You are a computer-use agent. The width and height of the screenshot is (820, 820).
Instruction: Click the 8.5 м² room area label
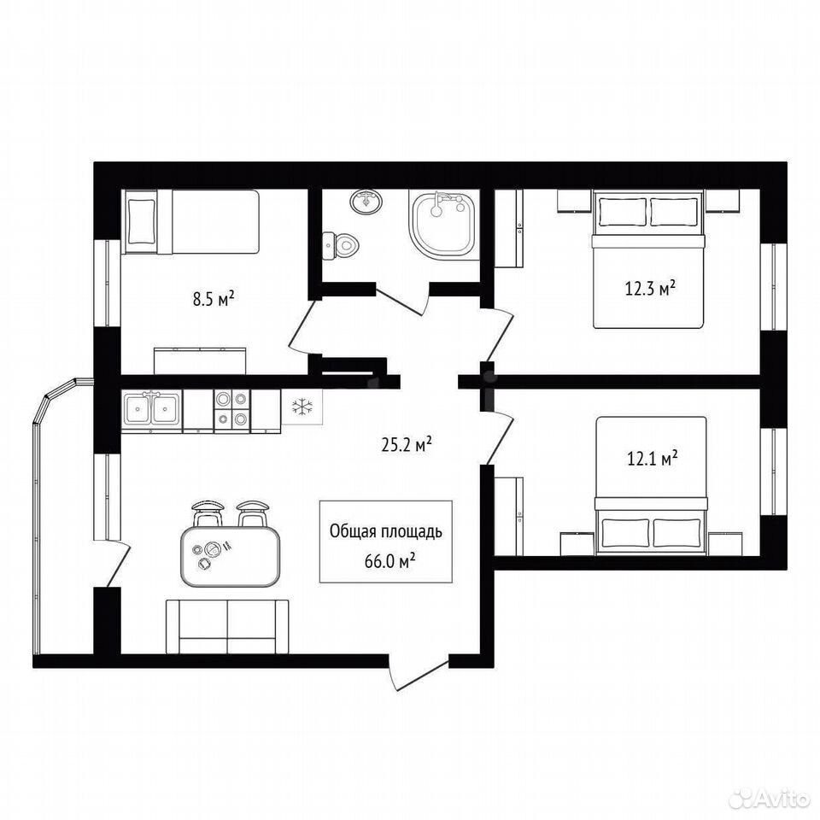pos(213,300)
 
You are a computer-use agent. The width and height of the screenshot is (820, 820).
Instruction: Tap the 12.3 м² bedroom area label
pos(650,288)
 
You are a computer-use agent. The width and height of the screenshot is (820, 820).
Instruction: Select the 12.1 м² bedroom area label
pos(652,459)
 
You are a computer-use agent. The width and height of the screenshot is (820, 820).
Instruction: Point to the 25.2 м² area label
pos(407,445)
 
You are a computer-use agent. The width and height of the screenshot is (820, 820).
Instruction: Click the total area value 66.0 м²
pos(390,562)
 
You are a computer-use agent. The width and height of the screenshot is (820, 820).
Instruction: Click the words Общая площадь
pos(386,532)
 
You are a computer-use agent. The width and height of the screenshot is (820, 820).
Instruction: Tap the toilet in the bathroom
pos(340,243)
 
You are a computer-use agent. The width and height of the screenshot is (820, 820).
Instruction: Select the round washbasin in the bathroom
pos(366,202)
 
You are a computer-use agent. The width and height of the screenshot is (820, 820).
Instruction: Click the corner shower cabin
pos(444,225)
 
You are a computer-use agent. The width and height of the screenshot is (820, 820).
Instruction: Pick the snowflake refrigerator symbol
pos(302,407)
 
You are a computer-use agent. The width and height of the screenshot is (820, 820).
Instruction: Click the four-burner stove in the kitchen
pos(231,410)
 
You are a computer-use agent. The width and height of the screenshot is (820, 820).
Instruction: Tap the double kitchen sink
pos(152,408)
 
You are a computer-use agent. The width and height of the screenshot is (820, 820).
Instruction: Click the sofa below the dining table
pos(227,626)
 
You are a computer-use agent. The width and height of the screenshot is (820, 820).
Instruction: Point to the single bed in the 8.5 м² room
pos(190,222)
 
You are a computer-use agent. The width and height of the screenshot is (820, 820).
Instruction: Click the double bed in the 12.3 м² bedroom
pos(648,260)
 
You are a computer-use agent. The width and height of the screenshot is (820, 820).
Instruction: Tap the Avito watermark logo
pos(774,799)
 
